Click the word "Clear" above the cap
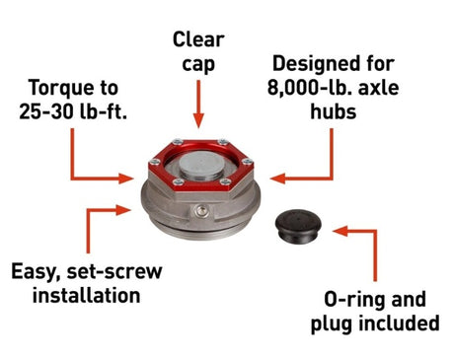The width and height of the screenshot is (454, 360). [198, 39]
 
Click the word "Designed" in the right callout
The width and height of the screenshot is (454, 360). [314, 63]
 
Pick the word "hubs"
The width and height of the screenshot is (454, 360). [334, 111]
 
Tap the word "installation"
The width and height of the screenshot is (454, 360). [87, 295]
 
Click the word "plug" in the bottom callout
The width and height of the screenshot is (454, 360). [332, 324]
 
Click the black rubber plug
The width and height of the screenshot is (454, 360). [298, 226]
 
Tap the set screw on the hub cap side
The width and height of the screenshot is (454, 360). [201, 211]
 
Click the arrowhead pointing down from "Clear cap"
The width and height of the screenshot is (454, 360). [198, 120]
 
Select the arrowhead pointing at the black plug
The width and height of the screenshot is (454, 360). [340, 231]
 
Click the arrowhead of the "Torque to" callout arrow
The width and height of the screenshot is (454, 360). [126, 179]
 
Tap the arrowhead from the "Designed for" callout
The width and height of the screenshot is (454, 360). [277, 179]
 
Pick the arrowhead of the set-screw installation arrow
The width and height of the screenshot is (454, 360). [123, 210]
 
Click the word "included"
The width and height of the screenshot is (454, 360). [399, 324]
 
